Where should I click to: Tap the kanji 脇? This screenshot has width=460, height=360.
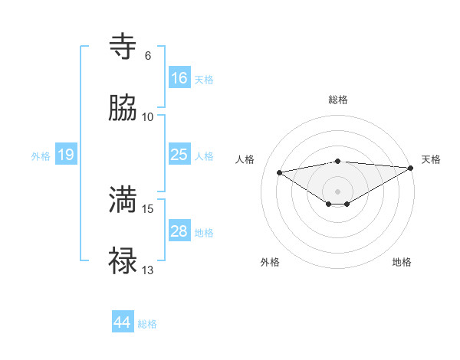tap(123, 109)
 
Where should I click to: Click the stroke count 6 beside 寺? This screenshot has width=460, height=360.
tap(147, 56)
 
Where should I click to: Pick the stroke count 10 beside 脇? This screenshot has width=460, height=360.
tap(148, 117)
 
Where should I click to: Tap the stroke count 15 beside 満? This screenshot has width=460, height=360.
tap(148, 208)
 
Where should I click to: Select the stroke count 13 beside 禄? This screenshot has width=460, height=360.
tap(148, 270)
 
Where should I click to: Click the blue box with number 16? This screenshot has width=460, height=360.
tap(179, 78)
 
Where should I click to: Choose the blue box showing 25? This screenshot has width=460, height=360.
tap(179, 155)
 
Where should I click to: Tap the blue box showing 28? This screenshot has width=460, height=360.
tap(179, 231)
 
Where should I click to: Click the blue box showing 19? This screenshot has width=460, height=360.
tap(66, 155)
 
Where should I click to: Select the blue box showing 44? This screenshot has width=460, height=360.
tap(123, 322)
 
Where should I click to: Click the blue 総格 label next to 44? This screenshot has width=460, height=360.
tap(148, 324)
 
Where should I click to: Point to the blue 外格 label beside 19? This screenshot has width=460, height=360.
tap(41, 156)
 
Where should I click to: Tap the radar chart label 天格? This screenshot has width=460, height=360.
tap(431, 159)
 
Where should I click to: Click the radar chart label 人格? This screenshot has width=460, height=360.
tap(245, 159)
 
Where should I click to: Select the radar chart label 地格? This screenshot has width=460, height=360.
tap(402, 263)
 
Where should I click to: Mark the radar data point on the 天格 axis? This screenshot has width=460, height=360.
tap(412, 169)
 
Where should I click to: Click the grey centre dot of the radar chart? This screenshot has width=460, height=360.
tap(338, 191)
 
